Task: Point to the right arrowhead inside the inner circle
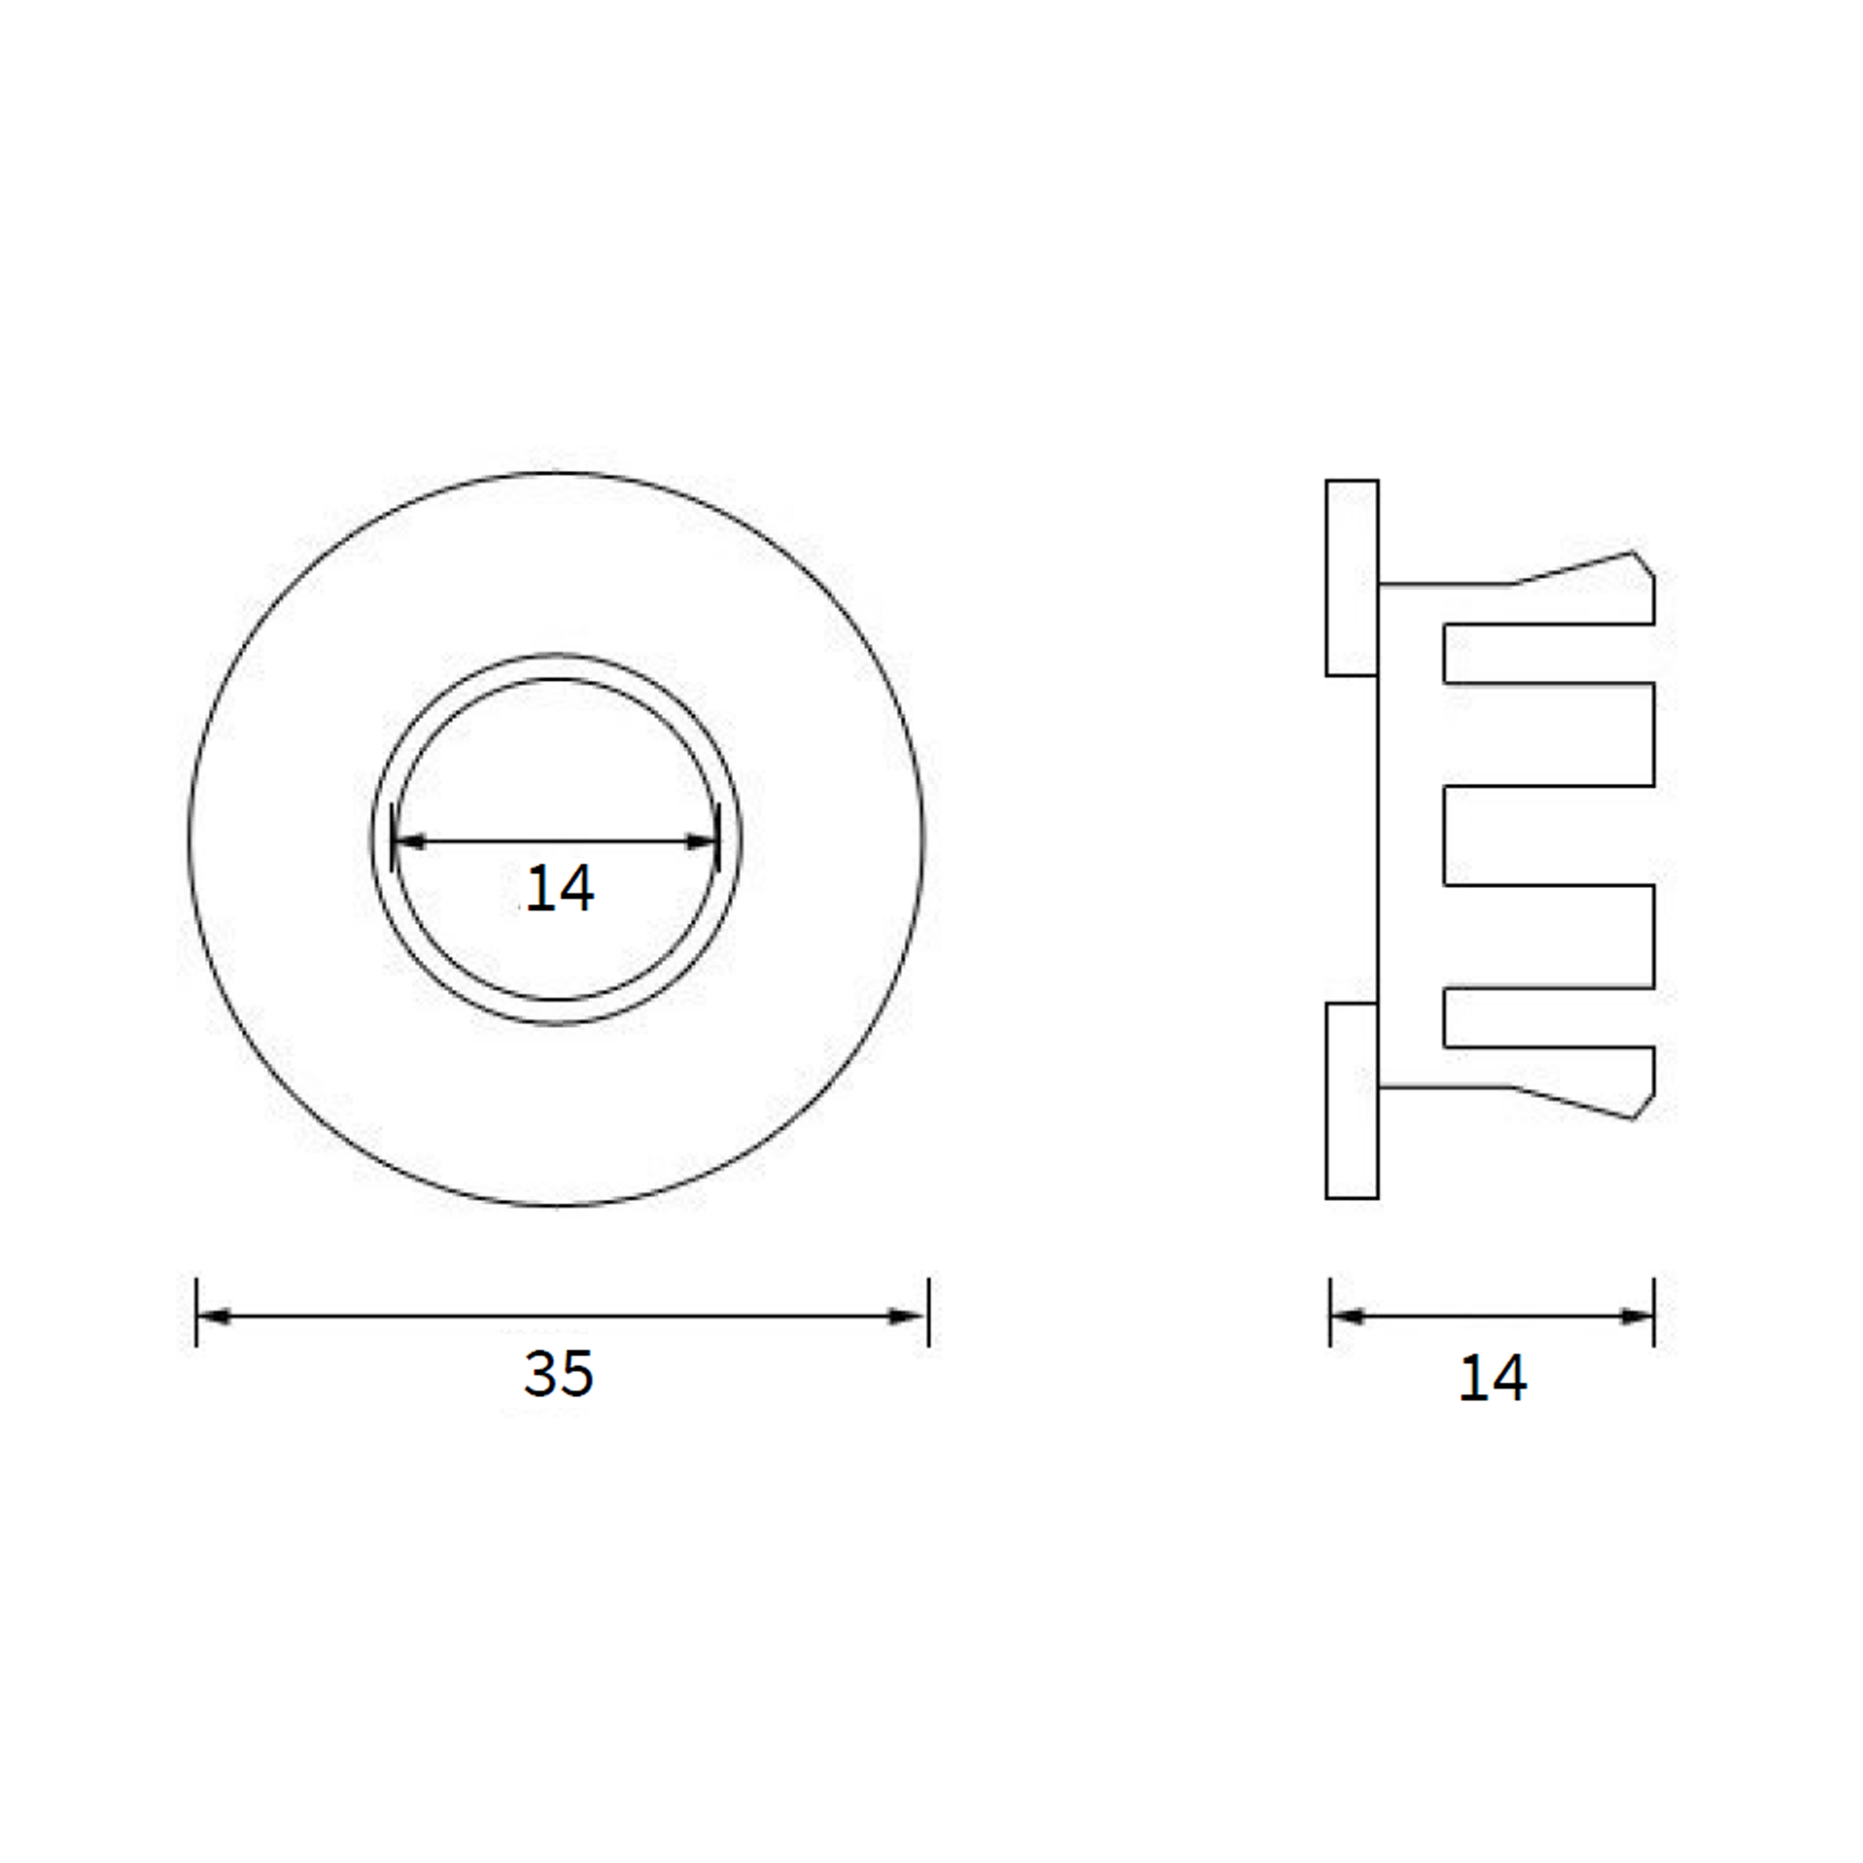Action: point(702,842)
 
